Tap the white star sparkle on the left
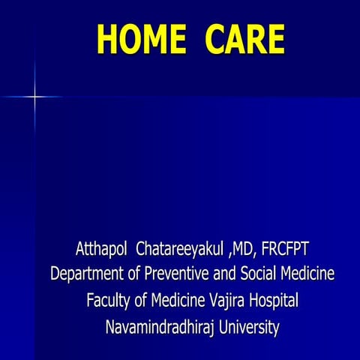point(34,97)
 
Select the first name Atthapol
point(102,248)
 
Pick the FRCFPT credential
point(284,248)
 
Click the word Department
point(85,274)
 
